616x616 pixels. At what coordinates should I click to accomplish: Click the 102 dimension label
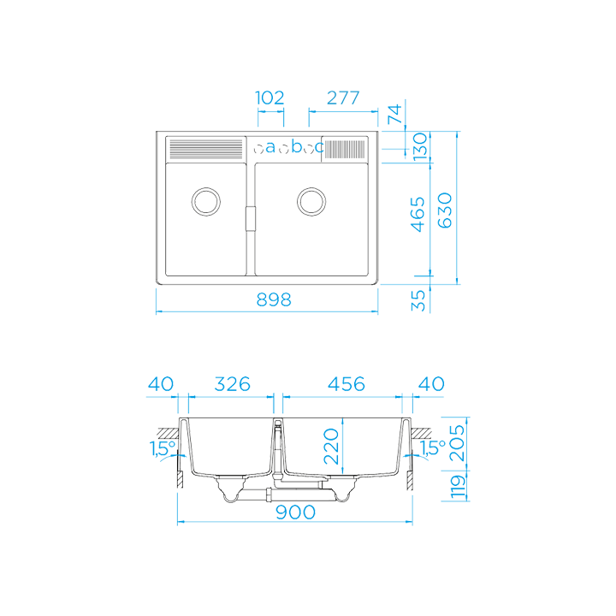pos(270,98)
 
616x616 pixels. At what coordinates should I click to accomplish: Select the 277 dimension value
pos(342,98)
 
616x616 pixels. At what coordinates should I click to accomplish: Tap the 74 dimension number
pos(394,115)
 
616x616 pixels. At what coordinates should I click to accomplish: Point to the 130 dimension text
pos(421,147)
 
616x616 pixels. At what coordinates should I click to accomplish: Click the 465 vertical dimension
pos(418,214)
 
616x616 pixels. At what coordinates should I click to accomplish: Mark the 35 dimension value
pos(418,299)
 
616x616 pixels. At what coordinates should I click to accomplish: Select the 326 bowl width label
pos(231,384)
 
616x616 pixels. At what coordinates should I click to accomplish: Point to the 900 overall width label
pos(296,512)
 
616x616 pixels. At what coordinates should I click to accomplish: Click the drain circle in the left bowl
pos(206,201)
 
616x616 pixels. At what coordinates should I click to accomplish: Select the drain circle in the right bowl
pos(311,201)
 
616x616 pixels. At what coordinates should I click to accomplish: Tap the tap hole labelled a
pos(270,148)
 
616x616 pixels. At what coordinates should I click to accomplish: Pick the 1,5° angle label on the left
pos(162,447)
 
